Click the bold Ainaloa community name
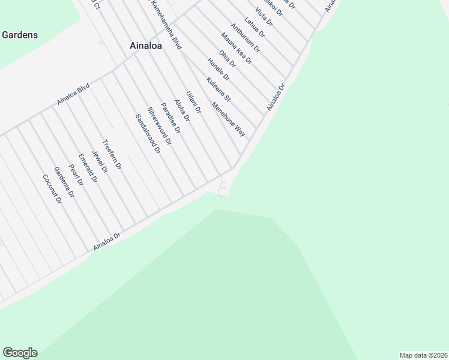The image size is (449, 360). [x=146, y=45]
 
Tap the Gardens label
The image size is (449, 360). [x=19, y=35]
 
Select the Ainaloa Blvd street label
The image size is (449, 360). [x=73, y=94]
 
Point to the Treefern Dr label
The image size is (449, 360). [x=112, y=155]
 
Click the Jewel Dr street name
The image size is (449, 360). [x=99, y=161]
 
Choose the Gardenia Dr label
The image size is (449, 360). [x=63, y=182]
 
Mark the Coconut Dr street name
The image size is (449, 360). [x=52, y=188]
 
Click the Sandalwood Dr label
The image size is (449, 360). [x=148, y=134]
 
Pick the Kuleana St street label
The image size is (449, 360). [x=218, y=89]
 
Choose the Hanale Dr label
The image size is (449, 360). [x=218, y=69]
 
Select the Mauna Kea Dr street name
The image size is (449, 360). [x=237, y=48]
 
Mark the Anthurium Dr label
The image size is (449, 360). [x=246, y=37]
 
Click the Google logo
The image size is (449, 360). [x=20, y=353]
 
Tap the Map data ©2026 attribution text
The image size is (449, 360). [x=423, y=355]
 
